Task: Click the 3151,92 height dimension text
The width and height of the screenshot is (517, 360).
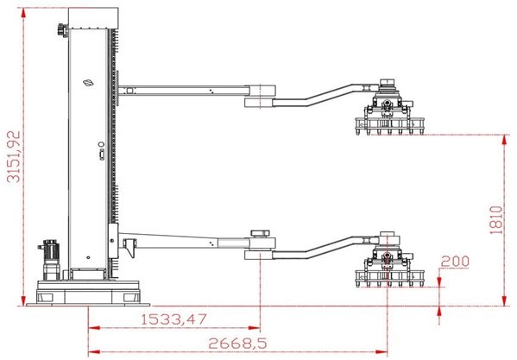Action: coord(14,157)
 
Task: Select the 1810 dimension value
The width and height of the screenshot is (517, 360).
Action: coord(496,220)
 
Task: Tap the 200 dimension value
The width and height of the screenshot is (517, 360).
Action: coord(455,262)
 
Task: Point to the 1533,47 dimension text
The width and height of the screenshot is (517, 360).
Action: coord(174,319)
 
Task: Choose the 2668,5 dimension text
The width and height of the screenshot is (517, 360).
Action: coord(237,344)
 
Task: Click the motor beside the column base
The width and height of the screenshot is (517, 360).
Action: coord(50,260)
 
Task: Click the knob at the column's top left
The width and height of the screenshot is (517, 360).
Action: coord(62,29)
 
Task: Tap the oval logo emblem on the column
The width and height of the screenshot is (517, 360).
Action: coord(88,83)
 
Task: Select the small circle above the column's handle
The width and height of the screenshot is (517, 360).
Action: coord(101,144)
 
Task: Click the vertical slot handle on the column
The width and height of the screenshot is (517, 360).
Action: coord(102,155)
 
